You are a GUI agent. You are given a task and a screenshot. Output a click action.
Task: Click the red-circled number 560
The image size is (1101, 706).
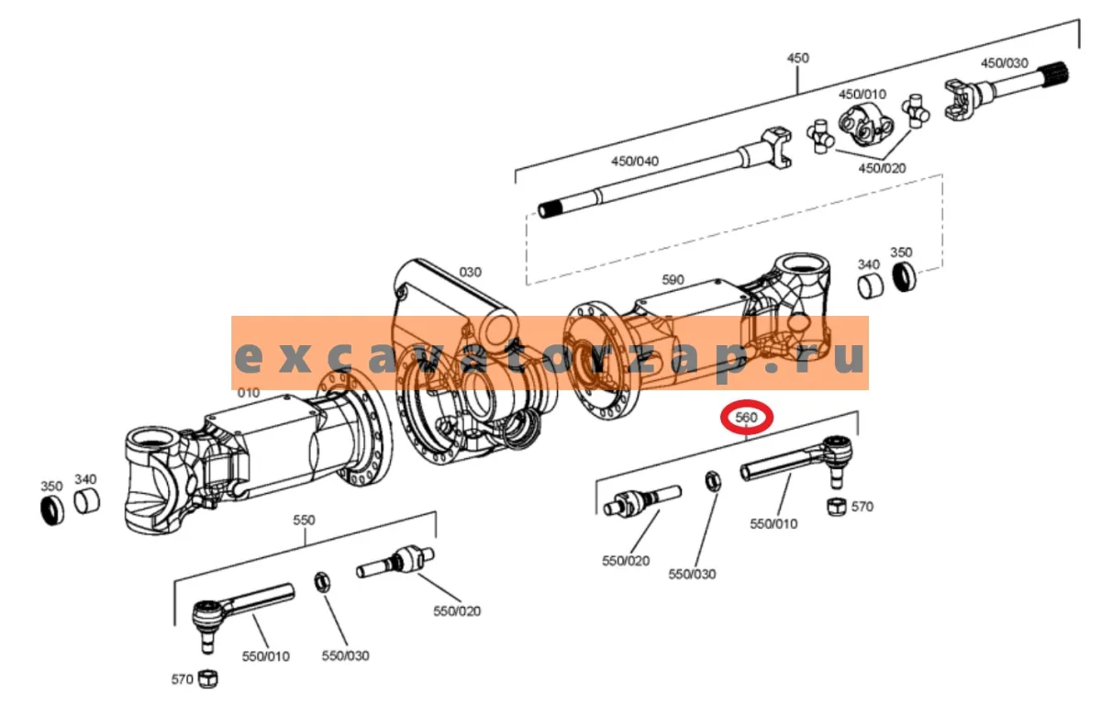(746, 418)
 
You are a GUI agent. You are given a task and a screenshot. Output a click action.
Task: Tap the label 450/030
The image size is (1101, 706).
(1004, 63)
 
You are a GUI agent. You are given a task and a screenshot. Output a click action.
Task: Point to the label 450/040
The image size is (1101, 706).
(635, 161)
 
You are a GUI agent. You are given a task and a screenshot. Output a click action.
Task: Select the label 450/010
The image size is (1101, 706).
(862, 94)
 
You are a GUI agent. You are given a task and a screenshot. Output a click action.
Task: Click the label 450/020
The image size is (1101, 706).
(882, 168)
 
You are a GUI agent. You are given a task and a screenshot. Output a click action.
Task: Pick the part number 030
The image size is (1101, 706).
(470, 272)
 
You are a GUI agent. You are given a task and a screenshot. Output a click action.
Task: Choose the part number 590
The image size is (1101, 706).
(673, 279)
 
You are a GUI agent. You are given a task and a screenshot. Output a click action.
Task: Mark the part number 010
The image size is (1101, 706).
(249, 393)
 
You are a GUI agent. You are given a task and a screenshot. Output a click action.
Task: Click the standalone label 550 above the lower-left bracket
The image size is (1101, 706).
(304, 520)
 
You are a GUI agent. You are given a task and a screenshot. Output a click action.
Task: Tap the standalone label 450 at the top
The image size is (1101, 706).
(797, 58)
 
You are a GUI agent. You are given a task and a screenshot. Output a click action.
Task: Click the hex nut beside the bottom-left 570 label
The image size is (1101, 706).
(207, 678)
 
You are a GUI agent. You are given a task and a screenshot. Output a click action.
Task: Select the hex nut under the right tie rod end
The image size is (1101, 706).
(837, 506)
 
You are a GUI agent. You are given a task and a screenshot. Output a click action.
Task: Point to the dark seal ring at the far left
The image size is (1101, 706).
(52, 510)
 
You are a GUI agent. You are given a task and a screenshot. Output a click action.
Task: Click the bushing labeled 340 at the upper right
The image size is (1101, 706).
(871, 287)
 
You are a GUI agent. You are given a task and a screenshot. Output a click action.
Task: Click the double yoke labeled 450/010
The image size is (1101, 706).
(866, 125)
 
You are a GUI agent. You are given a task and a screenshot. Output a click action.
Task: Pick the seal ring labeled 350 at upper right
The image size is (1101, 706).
(905, 276)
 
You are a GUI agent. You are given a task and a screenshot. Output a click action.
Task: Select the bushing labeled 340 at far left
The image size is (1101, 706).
(87, 502)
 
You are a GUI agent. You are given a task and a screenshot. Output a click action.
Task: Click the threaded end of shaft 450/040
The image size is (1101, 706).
(551, 209)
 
